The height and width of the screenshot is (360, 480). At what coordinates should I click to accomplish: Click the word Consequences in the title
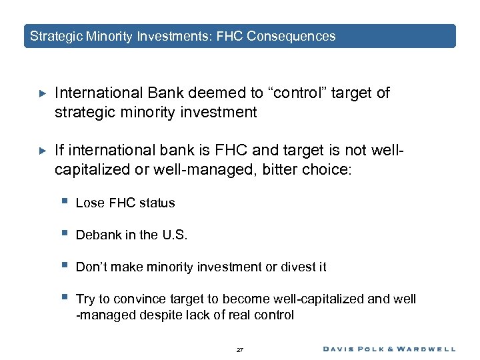tap(291, 37)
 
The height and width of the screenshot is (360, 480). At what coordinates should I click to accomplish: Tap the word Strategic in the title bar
tap(56, 37)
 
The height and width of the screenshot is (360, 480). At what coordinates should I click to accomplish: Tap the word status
tap(157, 203)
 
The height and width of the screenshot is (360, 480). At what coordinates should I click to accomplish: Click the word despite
tap(157, 315)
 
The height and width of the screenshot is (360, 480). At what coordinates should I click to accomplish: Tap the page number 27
tap(240, 349)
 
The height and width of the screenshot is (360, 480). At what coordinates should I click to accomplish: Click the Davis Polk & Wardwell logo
tap(389, 348)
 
